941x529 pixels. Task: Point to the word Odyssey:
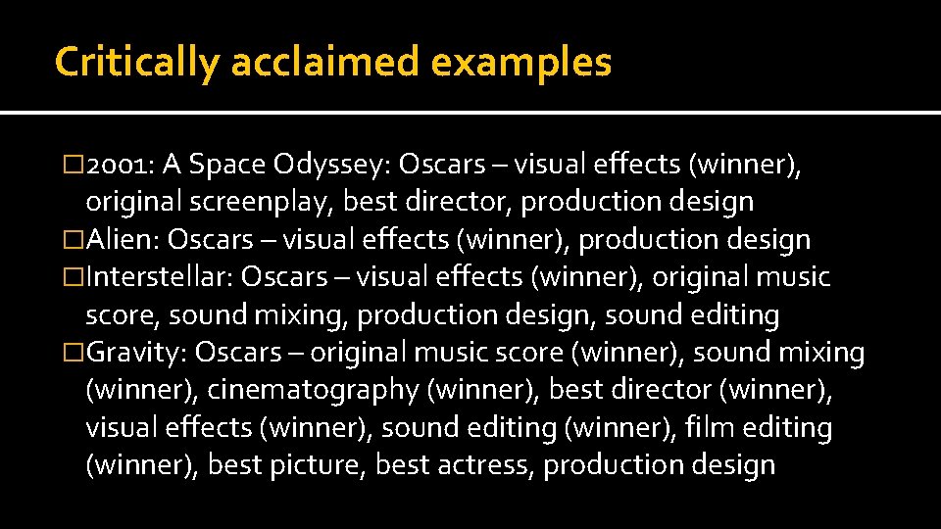337,164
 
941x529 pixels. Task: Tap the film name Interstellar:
160,277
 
